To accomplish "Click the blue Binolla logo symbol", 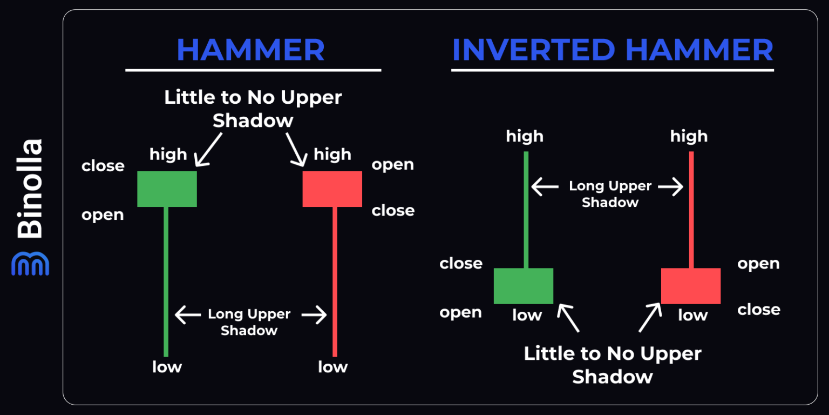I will pos(30,263).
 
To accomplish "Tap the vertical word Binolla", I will pos(30,189).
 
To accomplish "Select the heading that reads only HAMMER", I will pos(250,50).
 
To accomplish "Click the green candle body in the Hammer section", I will pos(167,189).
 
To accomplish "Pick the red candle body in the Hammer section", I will pos(332,189).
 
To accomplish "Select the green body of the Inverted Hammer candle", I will pos(524,286).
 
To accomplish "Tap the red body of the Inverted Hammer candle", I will pos(691,286).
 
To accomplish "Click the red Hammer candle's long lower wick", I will pos(335,281).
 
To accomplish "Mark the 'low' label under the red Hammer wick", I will pos(332,367).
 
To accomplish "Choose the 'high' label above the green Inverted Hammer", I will pos(525,137).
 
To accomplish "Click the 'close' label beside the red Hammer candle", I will pos(393,210).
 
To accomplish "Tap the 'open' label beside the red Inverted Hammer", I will pos(758,264).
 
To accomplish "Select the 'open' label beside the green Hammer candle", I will pos(103,215).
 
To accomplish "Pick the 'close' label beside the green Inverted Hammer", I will pos(461,264).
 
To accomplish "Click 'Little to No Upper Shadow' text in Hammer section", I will pos(253,109).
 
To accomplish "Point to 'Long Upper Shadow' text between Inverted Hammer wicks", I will pos(610,194).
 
